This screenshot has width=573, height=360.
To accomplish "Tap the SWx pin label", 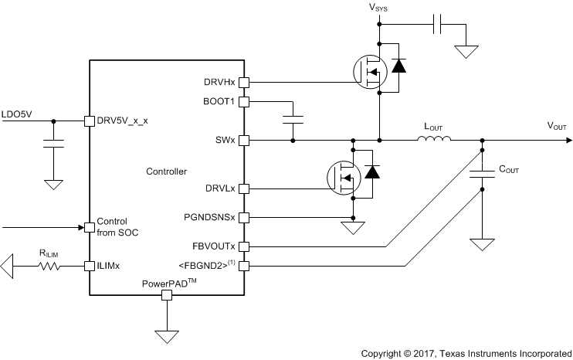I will click(x=226, y=141).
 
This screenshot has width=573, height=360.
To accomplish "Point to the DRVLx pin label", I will click(x=220, y=188).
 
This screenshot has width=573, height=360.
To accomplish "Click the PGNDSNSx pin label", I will click(x=210, y=217).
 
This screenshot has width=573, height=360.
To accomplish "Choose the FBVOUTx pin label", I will click(x=214, y=246).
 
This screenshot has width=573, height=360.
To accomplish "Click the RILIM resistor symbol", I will click(x=51, y=267).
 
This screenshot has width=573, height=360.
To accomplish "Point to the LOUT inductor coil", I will click(x=435, y=140).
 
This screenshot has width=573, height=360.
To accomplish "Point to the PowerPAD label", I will click(x=166, y=283).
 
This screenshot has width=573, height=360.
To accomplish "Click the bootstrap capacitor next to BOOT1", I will click(x=293, y=119).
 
